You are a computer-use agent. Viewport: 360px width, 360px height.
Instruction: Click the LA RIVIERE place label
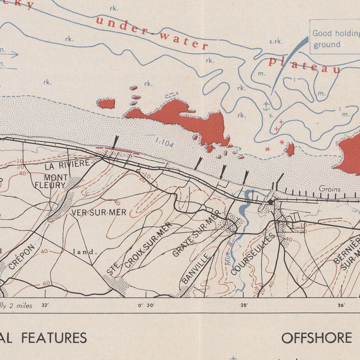tap(67, 164)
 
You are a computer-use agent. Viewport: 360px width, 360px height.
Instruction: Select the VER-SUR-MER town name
tap(99, 212)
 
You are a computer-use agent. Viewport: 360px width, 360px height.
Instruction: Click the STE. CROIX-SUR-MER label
tap(140, 248)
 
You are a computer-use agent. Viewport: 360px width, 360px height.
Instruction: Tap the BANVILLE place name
tap(196, 268)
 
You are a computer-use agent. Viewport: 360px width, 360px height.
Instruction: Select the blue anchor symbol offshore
tap(266, 106)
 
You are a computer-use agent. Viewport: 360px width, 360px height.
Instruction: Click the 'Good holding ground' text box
tap(335, 38)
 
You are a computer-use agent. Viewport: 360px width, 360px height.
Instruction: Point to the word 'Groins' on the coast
tap(330, 189)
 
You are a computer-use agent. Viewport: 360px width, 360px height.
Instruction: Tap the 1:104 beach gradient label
tap(164, 142)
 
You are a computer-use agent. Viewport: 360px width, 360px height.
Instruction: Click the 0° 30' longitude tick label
tap(146, 305)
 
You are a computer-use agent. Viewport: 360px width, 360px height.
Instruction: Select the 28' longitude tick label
tap(244, 305)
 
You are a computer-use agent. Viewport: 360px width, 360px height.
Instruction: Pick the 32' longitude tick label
tap(45, 305)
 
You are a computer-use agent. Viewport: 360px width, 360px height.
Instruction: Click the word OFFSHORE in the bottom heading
tap(316, 338)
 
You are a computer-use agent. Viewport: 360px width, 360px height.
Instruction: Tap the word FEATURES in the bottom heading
tap(54, 338)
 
